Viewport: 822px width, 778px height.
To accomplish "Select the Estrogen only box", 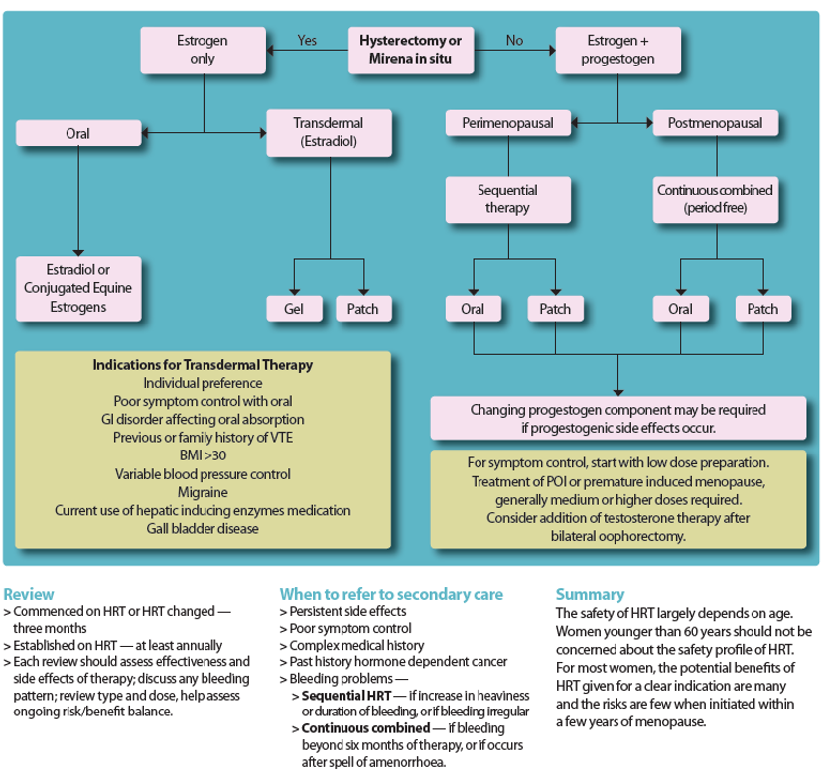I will point(203,50).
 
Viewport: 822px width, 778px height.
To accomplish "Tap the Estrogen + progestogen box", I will point(617,50).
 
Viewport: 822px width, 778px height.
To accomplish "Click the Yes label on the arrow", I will point(307,41).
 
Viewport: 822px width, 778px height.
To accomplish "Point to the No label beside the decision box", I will point(514,41).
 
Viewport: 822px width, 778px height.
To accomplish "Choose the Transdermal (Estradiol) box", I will point(328,132).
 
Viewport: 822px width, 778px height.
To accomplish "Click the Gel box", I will point(294,309).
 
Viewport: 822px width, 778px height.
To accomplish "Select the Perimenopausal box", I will point(507,123).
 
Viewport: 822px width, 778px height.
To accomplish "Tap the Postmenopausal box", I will point(715,123).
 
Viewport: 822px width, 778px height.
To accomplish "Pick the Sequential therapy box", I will point(507,198).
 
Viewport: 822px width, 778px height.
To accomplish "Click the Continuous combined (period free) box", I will point(715,198).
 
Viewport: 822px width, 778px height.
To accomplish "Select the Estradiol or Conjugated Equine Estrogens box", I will point(78,288).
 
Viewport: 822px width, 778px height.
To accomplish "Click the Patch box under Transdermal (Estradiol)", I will point(363,309).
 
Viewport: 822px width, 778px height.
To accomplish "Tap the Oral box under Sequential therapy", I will point(473,309).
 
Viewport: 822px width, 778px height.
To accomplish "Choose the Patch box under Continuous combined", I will point(762,309).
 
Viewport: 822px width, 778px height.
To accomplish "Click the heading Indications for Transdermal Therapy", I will point(203,365).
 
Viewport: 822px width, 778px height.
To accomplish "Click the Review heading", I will point(29,595).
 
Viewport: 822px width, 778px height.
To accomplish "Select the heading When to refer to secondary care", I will point(391,595).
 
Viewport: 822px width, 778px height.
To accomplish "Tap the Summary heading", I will point(590,595).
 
